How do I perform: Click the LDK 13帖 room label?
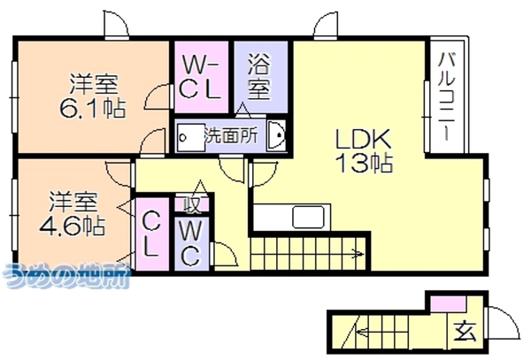click(x=364, y=150)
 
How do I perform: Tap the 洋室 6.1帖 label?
click(x=93, y=96)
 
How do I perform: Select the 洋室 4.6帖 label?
click(x=73, y=213)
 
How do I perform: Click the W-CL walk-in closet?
click(x=201, y=77)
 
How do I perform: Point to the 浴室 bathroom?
click(x=261, y=77)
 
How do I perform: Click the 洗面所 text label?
click(x=231, y=136)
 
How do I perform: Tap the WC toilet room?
click(x=192, y=243)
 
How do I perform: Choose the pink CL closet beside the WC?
click(x=152, y=234)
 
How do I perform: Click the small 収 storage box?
click(x=192, y=204)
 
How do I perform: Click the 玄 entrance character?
click(x=466, y=331)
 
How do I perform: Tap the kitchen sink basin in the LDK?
click(x=309, y=217)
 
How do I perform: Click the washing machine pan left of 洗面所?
click(x=190, y=137)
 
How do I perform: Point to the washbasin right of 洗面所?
click(x=276, y=135)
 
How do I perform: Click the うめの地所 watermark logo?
click(x=66, y=276)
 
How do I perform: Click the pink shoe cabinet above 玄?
click(x=449, y=303)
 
